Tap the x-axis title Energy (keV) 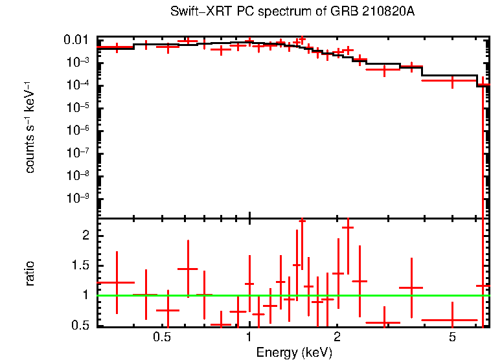tap(294, 352)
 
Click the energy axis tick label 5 tap(452, 338)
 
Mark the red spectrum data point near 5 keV tap(451, 82)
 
